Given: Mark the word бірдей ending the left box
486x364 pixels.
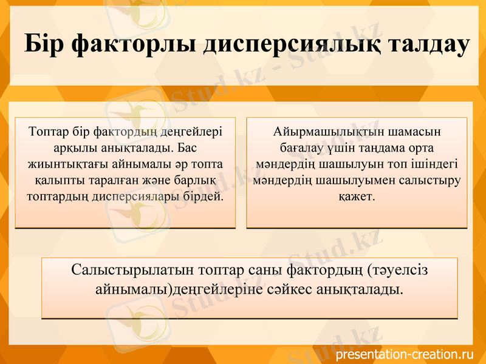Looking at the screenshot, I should click(204, 197).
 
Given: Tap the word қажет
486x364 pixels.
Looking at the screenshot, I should click(357, 197).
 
